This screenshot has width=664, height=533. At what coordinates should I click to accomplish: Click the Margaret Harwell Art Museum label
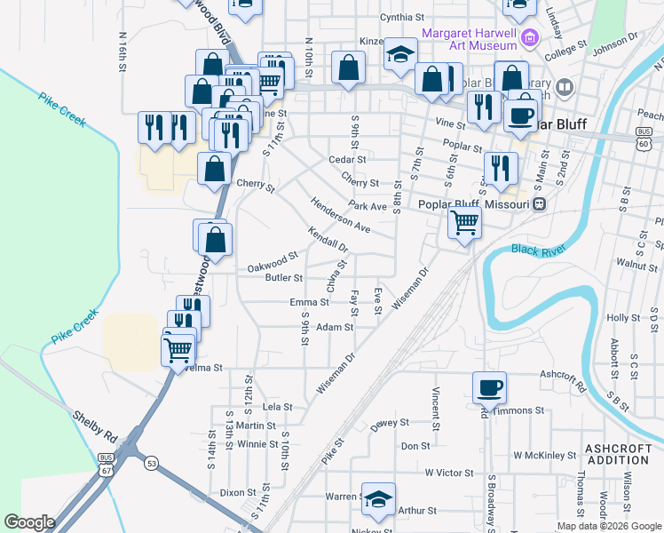469,39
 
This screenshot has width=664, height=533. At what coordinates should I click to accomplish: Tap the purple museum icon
530,38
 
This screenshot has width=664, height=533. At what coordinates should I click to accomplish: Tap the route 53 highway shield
152,463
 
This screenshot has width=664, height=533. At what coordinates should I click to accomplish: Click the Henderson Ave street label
340,216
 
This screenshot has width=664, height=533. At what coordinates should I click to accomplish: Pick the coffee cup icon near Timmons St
489,386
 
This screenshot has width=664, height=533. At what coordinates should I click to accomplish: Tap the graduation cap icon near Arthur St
378,500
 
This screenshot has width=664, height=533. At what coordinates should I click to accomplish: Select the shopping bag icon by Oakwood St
215,238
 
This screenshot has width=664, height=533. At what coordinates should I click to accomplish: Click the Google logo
29,522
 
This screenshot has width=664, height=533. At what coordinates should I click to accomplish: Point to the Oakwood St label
272,263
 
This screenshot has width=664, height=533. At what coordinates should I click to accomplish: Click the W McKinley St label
545,456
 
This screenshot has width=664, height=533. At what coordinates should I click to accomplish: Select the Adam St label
335,327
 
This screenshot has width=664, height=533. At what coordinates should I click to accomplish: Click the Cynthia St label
402,17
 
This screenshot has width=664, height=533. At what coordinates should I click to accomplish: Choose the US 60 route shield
644,142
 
